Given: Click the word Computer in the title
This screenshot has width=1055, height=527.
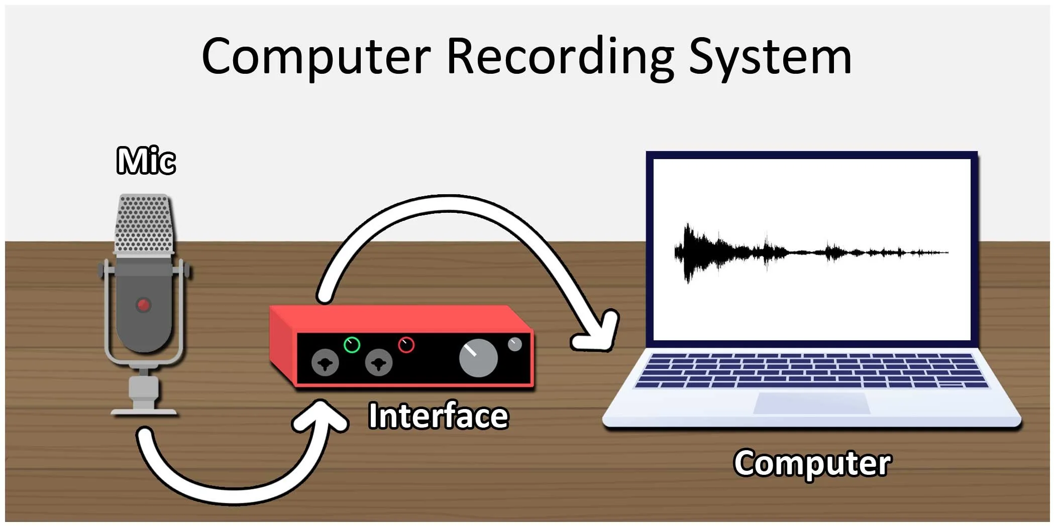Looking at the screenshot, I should (x=316, y=56).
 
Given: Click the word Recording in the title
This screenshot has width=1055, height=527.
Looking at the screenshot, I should (x=560, y=56).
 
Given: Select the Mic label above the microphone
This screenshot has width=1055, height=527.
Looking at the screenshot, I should (x=146, y=161).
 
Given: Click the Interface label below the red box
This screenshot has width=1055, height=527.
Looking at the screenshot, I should (x=438, y=416).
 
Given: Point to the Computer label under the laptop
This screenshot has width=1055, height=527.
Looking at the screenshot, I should (x=812, y=462).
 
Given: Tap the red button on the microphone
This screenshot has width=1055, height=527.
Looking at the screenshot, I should (x=144, y=305).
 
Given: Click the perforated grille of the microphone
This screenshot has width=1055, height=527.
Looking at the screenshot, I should (x=144, y=223).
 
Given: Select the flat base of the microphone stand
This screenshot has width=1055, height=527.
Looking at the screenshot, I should (x=144, y=412).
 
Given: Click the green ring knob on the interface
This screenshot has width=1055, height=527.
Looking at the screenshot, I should (x=352, y=345).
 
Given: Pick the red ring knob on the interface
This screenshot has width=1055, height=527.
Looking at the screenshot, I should (x=406, y=345).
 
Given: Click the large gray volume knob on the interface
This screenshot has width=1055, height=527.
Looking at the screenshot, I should (x=478, y=358).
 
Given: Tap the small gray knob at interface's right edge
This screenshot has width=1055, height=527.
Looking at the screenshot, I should (x=515, y=344).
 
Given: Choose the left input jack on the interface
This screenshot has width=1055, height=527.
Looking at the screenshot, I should (x=325, y=362).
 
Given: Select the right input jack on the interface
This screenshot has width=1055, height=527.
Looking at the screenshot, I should (x=378, y=362).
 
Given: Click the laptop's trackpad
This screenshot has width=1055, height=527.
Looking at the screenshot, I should (x=811, y=403).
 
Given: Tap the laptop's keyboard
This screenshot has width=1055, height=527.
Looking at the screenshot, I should (x=811, y=370).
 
